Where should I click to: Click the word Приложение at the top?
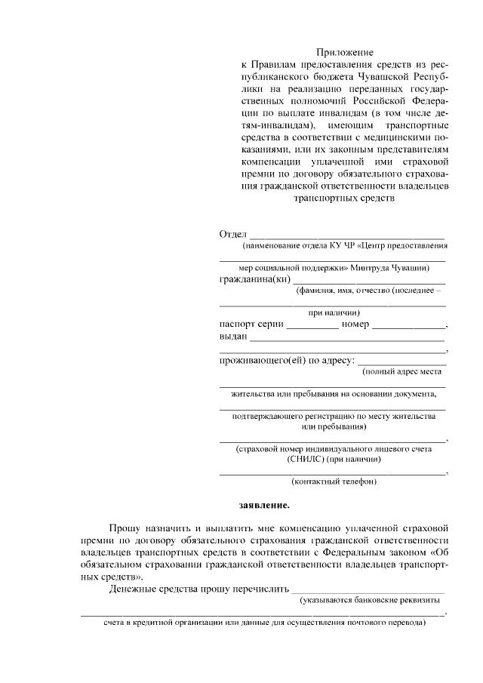pyautogui.click(x=344, y=52)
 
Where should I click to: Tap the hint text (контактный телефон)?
pyautogui.click(x=334, y=481)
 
